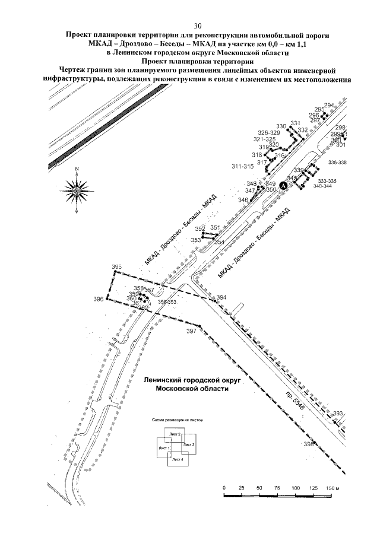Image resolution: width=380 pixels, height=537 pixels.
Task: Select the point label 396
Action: pyautogui.click(x=99, y=299)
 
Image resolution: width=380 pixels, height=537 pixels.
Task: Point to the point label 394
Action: pyautogui.click(x=221, y=297)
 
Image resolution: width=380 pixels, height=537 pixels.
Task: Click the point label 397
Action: pyautogui.click(x=191, y=331)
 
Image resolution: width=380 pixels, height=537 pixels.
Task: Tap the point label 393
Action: pyautogui.click(x=338, y=413)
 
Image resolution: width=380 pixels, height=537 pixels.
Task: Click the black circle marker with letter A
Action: pyautogui.click(x=283, y=186)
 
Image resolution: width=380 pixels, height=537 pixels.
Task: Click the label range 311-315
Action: pyautogui.click(x=243, y=166)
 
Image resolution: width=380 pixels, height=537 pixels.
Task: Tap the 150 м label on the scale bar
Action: pyautogui.click(x=330, y=487)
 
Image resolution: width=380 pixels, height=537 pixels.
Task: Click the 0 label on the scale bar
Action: pyautogui.click(x=224, y=487)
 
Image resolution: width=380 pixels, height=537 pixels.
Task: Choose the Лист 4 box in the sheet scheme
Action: pyautogui.click(x=176, y=459)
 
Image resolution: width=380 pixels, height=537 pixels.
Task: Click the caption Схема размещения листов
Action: pyautogui.click(x=178, y=419)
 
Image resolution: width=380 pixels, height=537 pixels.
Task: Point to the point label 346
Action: pyautogui.click(x=243, y=201)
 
